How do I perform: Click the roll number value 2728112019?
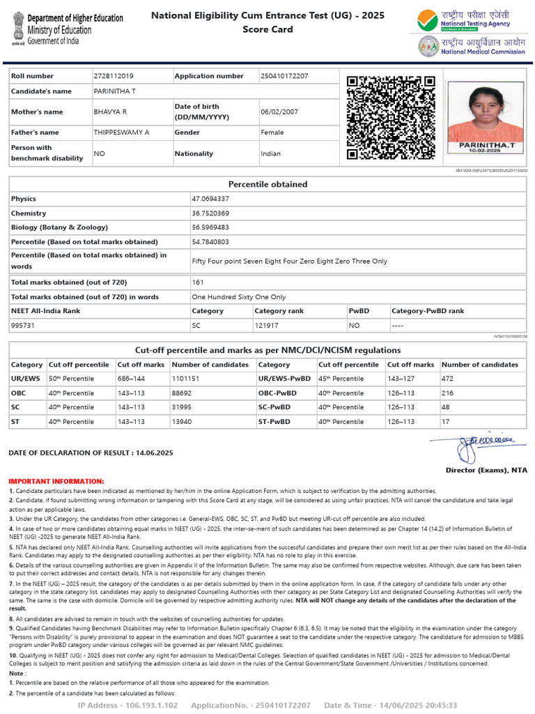[114, 75]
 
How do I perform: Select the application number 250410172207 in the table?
[284, 75]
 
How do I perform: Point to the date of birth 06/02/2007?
[279, 112]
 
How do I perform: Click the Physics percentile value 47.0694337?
[210, 199]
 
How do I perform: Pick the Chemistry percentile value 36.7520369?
[210, 213]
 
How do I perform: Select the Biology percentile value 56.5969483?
[210, 227]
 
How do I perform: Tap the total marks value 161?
[198, 282]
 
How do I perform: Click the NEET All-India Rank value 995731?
[23, 325]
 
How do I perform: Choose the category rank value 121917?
[267, 325]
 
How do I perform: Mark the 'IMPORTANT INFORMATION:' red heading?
[56, 481]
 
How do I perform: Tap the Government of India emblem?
[16, 28]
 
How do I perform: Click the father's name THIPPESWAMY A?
[121, 132]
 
